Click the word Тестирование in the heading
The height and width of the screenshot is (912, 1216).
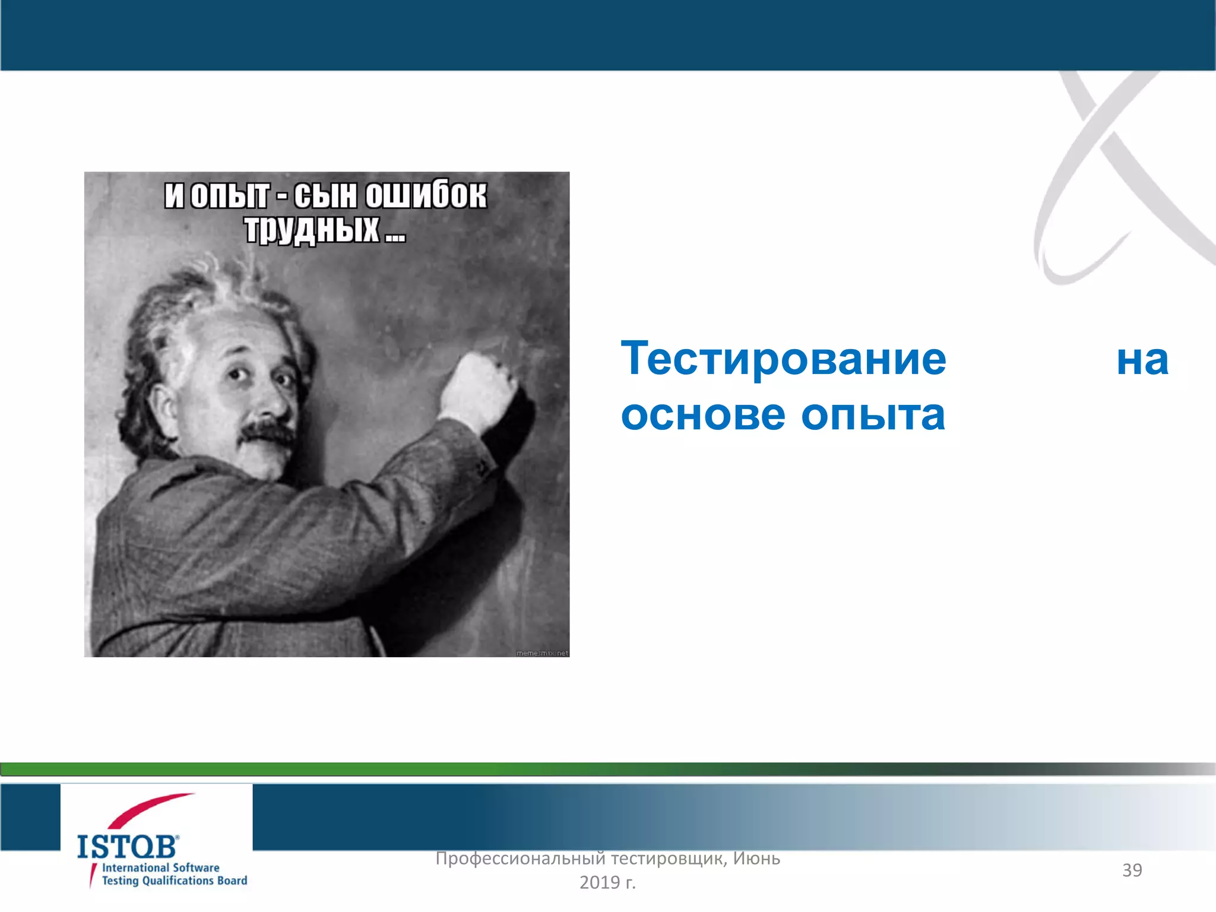pos(783,359)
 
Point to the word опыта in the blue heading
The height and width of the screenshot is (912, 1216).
pos(873,414)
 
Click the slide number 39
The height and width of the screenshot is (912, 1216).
pos(1132,870)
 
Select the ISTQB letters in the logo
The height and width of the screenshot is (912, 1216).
pos(127,847)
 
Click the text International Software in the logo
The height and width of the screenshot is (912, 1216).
pos(160,867)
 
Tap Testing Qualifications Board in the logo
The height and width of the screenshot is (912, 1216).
pos(174,881)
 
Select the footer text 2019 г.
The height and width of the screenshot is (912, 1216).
pos(607,883)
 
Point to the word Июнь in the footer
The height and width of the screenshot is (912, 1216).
pos(756,859)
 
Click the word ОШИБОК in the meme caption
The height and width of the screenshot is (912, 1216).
pos(425,195)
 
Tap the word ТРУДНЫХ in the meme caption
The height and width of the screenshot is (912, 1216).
pos(312,229)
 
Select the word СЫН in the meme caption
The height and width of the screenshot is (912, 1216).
pos(325,195)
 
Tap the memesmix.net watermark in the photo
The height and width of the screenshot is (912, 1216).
pos(541,653)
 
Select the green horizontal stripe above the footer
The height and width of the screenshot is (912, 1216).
pos(356,769)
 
